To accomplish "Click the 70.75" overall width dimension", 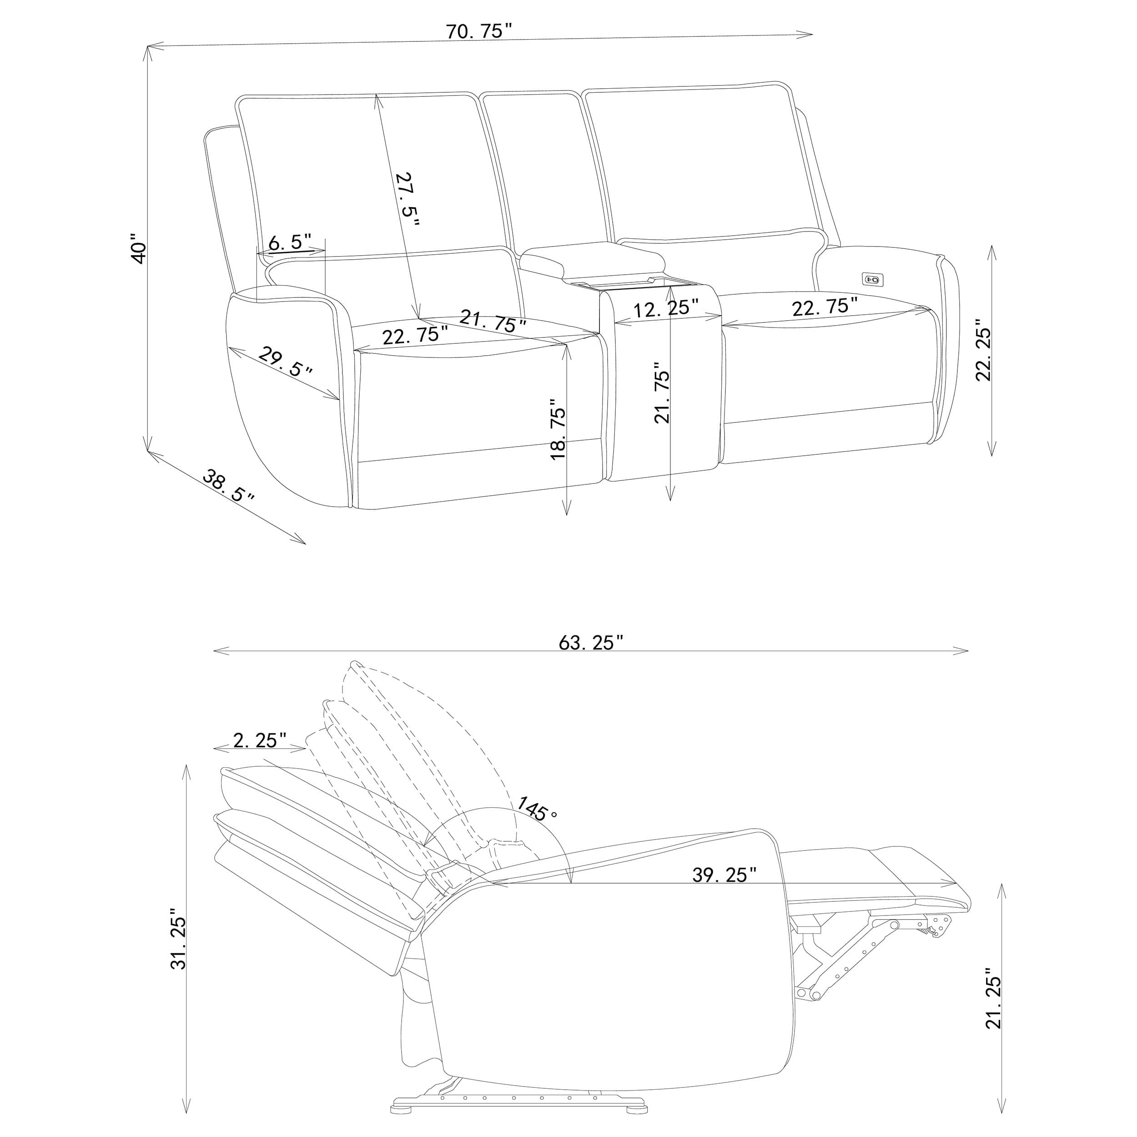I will [480, 31].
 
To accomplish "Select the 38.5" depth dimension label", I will [228, 486].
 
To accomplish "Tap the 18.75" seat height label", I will [557, 429].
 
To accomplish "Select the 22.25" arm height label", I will [983, 350].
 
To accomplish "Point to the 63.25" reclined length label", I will [590, 642].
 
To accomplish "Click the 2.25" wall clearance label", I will [260, 740].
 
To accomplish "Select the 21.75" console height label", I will [662, 396].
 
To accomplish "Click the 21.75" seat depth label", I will [492, 322].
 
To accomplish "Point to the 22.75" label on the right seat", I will [824, 306].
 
